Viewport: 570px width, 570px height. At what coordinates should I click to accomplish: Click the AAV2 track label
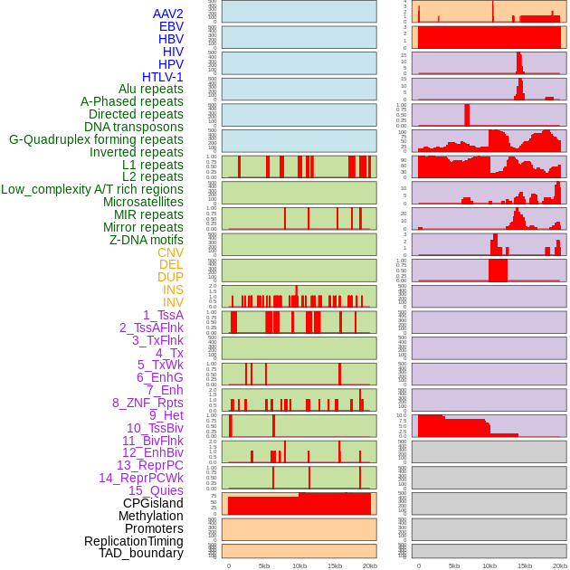[167, 14]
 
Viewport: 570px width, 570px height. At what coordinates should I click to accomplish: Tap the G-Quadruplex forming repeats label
[96, 139]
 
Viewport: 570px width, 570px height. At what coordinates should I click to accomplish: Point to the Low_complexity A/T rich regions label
[92, 189]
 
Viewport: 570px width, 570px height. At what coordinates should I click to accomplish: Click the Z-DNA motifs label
[146, 240]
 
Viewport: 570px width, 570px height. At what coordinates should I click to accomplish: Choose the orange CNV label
[170, 252]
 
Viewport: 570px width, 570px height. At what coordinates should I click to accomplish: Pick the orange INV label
[173, 302]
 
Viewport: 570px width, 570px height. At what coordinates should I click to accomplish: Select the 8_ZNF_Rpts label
[147, 403]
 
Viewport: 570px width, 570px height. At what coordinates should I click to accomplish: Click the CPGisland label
[153, 503]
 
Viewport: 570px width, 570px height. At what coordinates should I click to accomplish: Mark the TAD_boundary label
[140, 553]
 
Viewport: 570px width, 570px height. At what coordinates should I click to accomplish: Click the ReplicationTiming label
[133, 541]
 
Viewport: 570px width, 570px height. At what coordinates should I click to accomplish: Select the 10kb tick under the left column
[299, 565]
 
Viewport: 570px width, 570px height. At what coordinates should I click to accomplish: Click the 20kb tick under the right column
[560, 565]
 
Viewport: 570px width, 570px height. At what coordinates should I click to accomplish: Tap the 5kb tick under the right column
[454, 565]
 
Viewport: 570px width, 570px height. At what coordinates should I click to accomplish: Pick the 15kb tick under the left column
[334, 565]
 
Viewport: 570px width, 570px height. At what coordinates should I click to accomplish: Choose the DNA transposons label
[134, 127]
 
